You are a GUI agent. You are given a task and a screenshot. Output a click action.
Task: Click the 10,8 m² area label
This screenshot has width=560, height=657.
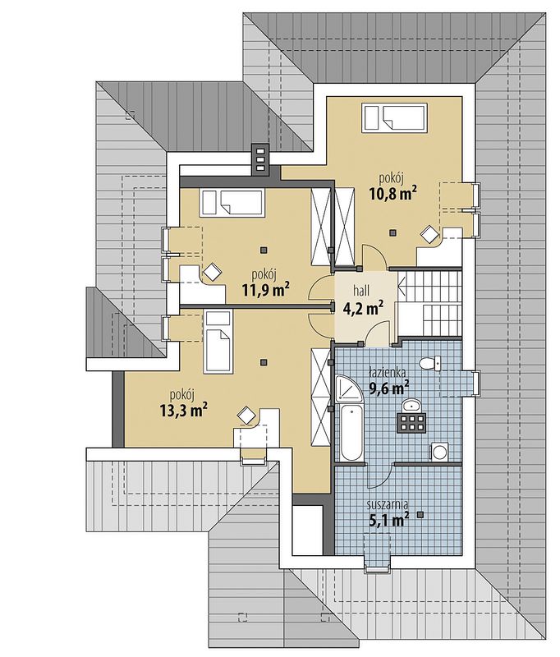click(392, 194)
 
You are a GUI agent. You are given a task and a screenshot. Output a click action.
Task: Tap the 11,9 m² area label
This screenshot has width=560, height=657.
click(266, 290)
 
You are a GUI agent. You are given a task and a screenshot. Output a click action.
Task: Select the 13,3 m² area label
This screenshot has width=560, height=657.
click(184, 410)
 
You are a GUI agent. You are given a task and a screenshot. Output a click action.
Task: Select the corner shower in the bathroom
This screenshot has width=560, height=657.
click(347, 388)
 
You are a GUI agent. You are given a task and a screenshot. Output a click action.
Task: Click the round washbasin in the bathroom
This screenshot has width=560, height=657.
click(413, 405)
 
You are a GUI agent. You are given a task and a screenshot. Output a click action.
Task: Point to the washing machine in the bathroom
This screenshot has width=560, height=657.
click(439, 452)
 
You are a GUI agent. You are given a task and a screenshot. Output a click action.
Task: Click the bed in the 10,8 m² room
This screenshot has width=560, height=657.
click(395, 118)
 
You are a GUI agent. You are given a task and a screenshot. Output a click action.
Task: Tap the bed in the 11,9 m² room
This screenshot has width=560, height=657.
click(232, 203)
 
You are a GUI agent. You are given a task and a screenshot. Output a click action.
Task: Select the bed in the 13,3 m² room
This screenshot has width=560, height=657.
click(218, 342)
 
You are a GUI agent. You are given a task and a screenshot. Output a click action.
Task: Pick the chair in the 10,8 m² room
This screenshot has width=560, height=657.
click(429, 234)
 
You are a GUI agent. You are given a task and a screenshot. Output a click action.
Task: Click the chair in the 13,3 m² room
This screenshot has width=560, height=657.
click(246, 416)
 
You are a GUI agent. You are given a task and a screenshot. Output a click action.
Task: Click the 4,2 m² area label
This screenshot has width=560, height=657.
click(363, 309)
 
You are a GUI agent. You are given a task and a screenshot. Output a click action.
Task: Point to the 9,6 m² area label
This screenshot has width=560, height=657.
click(388, 388)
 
